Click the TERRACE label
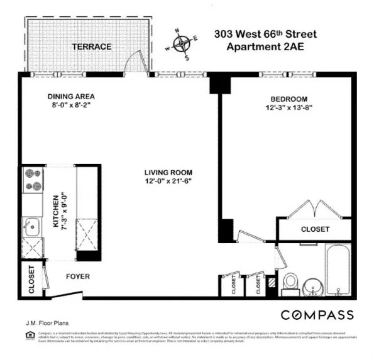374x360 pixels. click(x=92, y=47)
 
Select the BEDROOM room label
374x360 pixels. click(x=289, y=99)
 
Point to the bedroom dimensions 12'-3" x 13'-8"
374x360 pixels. click(x=289, y=108)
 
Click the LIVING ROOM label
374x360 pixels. click(x=167, y=172)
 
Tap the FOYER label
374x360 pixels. click(x=77, y=276)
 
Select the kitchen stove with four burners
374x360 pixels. click(x=33, y=180)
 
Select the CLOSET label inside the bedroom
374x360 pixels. click(x=315, y=229)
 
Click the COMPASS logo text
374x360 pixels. click(x=317, y=315)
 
